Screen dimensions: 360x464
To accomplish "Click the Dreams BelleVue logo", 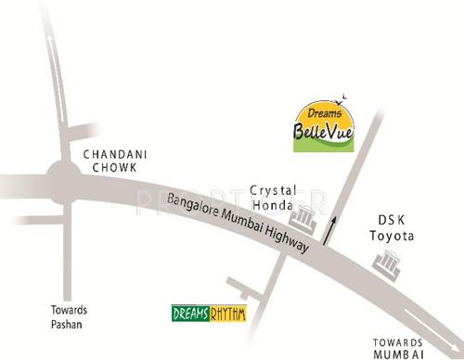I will pyautogui.click(x=321, y=126).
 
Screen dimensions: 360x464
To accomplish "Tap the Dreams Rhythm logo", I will pyautogui.click(x=210, y=314).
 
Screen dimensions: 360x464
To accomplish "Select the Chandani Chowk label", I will pyautogui.click(x=110, y=161).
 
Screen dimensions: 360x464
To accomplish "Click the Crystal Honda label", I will pyautogui.click(x=272, y=197).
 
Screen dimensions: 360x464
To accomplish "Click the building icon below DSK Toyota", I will pyautogui.click(x=385, y=264).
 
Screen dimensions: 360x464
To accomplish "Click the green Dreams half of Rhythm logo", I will pyautogui.click(x=189, y=314).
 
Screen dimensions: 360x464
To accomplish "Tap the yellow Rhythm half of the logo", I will pyautogui.click(x=227, y=314).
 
